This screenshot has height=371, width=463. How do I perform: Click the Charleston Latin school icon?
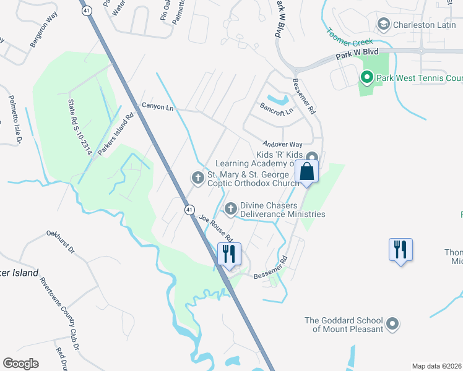383,24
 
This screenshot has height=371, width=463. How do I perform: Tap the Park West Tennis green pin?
366,78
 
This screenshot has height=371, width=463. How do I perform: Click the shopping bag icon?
307,171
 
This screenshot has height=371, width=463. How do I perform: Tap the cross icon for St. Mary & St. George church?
197,179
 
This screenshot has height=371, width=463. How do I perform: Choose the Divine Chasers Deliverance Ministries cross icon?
231,209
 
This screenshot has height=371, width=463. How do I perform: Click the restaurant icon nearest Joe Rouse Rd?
229,254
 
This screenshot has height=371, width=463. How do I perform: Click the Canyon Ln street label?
158,106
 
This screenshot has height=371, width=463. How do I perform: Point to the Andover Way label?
282,143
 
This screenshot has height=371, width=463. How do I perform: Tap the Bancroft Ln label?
277,112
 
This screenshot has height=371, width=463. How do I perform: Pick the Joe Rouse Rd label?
215,229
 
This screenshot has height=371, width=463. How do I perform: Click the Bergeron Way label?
42,37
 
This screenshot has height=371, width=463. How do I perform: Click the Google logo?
20,364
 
